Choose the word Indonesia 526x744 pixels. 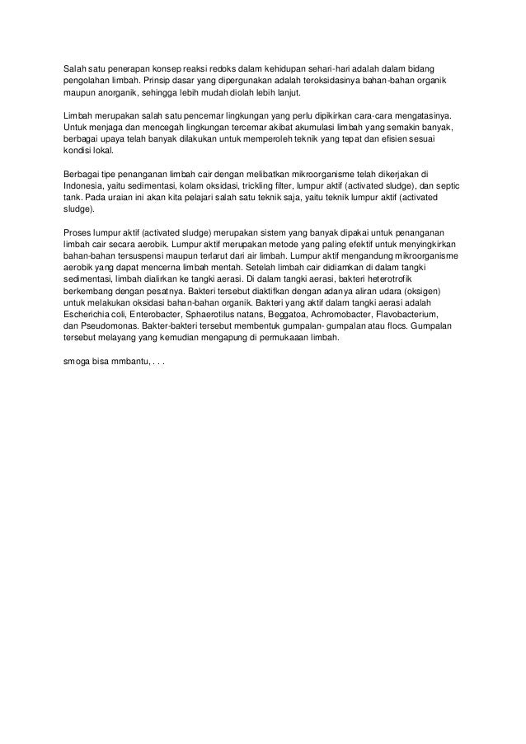83,186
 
